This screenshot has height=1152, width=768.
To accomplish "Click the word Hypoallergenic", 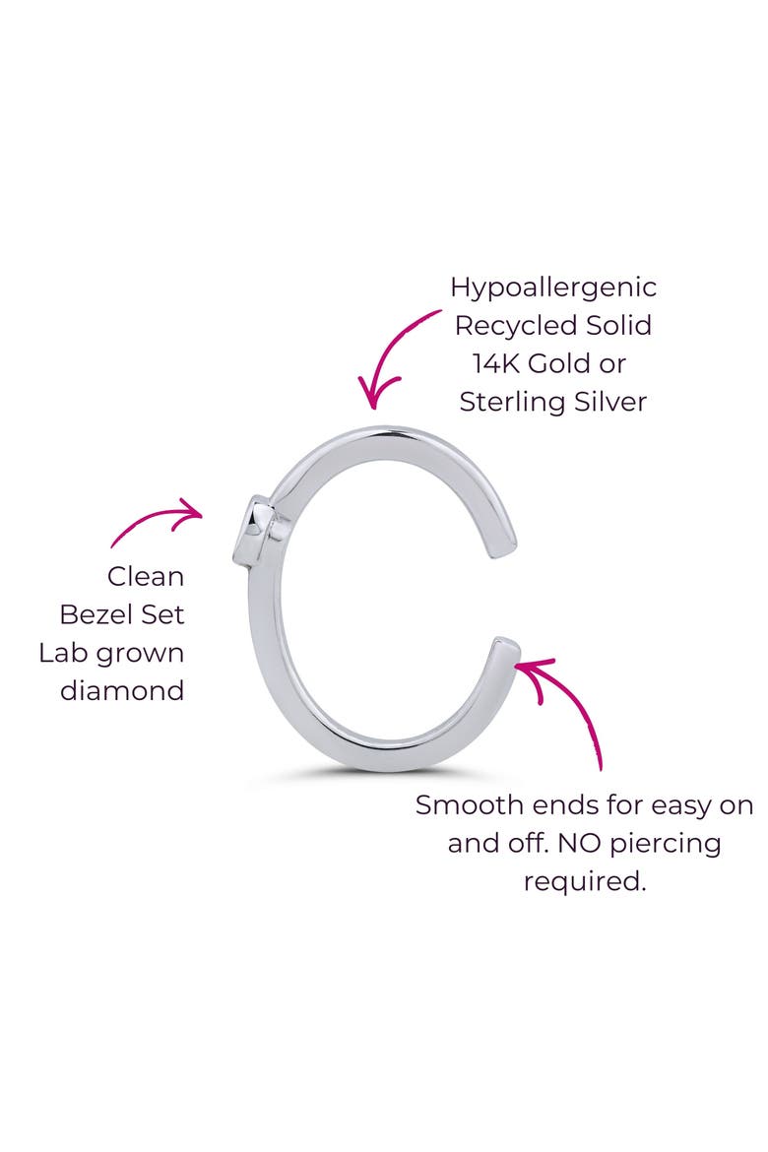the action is [552, 288].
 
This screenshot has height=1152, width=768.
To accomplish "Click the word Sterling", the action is [513, 403].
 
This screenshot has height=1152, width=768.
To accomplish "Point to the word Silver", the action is [610, 401].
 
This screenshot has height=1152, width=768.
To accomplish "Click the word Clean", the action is [146, 577].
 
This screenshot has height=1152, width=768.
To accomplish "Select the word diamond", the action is [122, 690].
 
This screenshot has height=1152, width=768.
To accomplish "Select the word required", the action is [584, 882].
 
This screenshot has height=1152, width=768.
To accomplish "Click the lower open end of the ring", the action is [506, 648].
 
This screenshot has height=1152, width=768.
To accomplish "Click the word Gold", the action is [576, 363].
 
